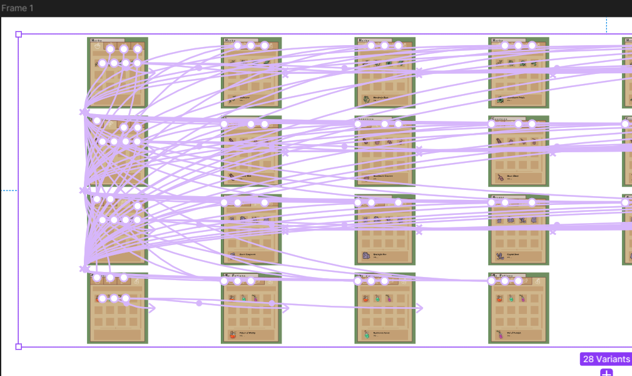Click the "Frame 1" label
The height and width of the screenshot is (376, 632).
pyautogui.click(x=18, y=8)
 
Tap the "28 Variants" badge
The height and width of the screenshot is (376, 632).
pyautogui.click(x=606, y=359)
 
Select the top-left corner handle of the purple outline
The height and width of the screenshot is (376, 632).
pyautogui.click(x=18, y=34)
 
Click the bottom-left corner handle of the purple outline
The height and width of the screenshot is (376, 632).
pyautogui.click(x=18, y=347)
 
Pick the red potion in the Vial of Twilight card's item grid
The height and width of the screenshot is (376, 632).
pyautogui.click(x=500, y=299)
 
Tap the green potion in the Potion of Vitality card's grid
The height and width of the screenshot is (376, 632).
pyautogui.click(x=243, y=299)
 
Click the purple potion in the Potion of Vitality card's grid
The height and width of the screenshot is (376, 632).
pyautogui.click(x=255, y=299)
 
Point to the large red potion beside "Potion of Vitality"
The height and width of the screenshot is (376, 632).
pyautogui.click(x=232, y=335)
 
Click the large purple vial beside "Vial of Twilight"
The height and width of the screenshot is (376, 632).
pyautogui.click(x=500, y=335)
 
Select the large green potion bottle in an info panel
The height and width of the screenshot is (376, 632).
pyautogui.click(x=366, y=335)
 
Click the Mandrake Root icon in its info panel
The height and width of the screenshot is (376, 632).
pyautogui.click(x=366, y=99)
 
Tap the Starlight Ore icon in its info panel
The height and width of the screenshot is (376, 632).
pyautogui.click(x=366, y=256)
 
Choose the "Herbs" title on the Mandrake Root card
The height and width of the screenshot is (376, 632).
pyautogui.click(x=364, y=40)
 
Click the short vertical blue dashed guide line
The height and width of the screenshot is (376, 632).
pyautogui.click(x=606, y=25)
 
